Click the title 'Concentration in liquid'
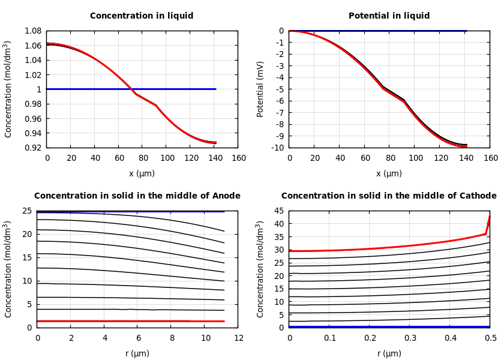click(142, 16)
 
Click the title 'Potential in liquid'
click(389, 16)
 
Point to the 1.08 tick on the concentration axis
click(32, 31)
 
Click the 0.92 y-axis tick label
click(32, 148)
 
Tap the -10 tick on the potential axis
click(277, 148)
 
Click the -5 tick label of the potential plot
click(279, 89)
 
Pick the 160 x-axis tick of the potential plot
click(490, 158)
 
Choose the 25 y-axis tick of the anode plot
click(27, 211)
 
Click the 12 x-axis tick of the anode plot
click(238, 338)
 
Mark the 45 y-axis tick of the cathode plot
click(279, 211)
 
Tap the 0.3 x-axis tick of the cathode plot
click(410, 338)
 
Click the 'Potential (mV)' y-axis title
click(260, 89)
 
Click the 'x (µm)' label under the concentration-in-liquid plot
click(142, 174)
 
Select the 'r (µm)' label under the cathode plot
click(389, 353)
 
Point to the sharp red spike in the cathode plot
click(489, 217)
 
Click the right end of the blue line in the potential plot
click(466, 31)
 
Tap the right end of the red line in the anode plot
click(224, 321)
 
